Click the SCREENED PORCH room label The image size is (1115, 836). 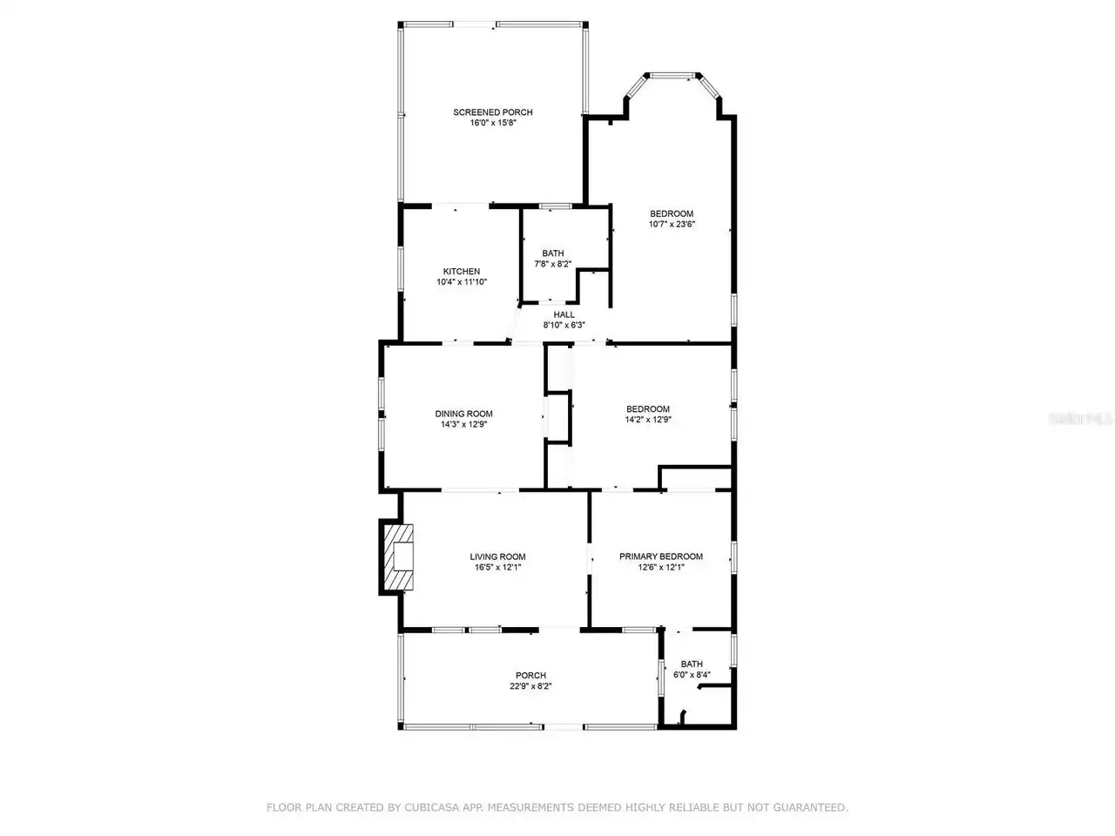(493, 112)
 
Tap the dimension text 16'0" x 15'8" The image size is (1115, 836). (493, 123)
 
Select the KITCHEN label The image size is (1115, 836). (461, 272)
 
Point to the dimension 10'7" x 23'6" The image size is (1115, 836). (672, 225)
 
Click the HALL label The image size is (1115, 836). (564, 314)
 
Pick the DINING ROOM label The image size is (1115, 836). (463, 414)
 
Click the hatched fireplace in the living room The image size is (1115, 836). (398, 556)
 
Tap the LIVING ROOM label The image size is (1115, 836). (497, 556)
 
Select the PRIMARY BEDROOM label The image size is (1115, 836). (661, 556)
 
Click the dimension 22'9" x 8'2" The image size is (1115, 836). (530, 686)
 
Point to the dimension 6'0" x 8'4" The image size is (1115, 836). (692, 675)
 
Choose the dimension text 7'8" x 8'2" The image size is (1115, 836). (552, 264)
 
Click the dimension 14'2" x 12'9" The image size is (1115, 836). (648, 420)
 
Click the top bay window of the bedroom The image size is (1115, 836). (672, 76)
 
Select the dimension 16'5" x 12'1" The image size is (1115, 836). (497, 568)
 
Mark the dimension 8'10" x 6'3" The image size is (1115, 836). (564, 326)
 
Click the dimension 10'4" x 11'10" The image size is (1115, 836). (461, 282)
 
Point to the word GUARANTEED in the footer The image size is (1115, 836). (810, 807)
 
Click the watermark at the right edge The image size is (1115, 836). (1080, 419)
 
